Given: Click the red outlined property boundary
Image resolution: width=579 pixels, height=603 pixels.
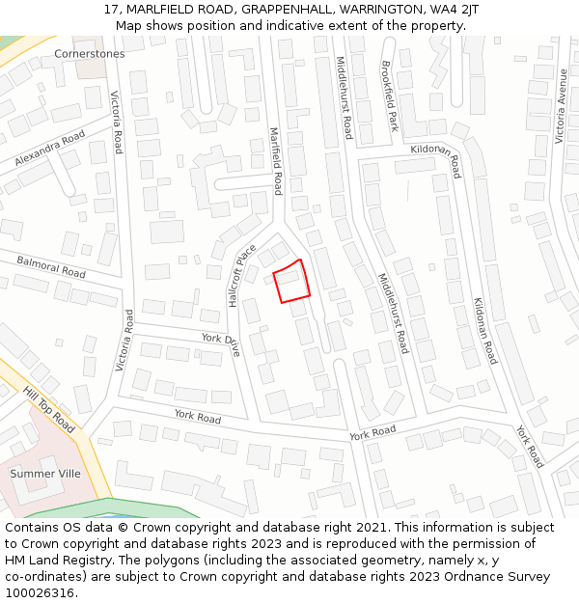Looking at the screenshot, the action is coord(291,281).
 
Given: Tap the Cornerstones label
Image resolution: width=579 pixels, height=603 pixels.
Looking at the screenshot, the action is coord(90,54).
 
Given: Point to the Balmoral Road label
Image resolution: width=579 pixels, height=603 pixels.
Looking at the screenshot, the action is coord(51,266).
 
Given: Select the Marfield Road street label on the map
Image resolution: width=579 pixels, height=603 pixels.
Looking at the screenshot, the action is coord(275,161).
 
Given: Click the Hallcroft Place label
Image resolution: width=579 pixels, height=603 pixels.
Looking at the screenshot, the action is coord(242,275).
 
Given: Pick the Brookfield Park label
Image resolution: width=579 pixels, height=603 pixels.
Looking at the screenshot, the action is coord(390,96).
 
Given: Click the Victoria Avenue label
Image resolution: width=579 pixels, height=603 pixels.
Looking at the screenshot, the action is coord(563,100).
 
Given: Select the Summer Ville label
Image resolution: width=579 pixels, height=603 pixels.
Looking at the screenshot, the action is coord(45,474).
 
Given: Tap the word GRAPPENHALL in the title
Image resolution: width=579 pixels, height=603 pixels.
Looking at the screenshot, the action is coord(285,10).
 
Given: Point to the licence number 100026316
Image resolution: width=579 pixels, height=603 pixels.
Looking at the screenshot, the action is coord(40,593).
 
